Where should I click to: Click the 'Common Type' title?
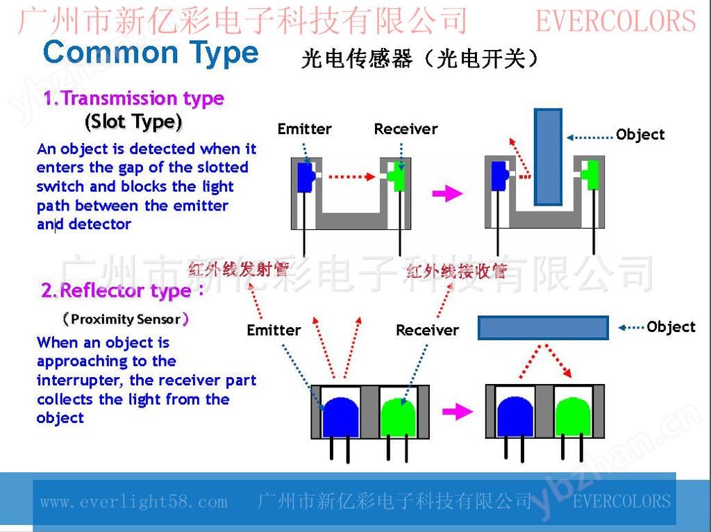(151, 53)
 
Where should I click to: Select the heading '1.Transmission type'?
(134, 98)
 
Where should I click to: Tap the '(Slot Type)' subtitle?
(133, 122)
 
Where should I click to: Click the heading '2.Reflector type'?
(122, 290)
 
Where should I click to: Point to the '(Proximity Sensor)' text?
(126, 319)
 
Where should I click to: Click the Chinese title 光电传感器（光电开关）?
(419, 58)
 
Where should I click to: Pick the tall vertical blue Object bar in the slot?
(549, 157)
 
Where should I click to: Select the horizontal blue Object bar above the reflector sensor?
(543, 328)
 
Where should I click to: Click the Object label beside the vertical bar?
(640, 135)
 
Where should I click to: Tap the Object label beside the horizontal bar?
(671, 327)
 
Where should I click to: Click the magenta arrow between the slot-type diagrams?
(448, 194)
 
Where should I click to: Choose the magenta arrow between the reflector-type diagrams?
(458, 412)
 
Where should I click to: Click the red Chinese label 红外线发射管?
(239, 269)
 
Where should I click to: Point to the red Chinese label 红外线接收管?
(456, 272)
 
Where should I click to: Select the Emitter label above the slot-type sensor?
(305, 128)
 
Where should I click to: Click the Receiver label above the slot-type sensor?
(405, 128)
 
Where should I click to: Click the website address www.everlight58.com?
(134, 501)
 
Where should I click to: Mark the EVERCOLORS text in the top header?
(616, 22)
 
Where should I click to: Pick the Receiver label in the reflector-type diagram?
(428, 330)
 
